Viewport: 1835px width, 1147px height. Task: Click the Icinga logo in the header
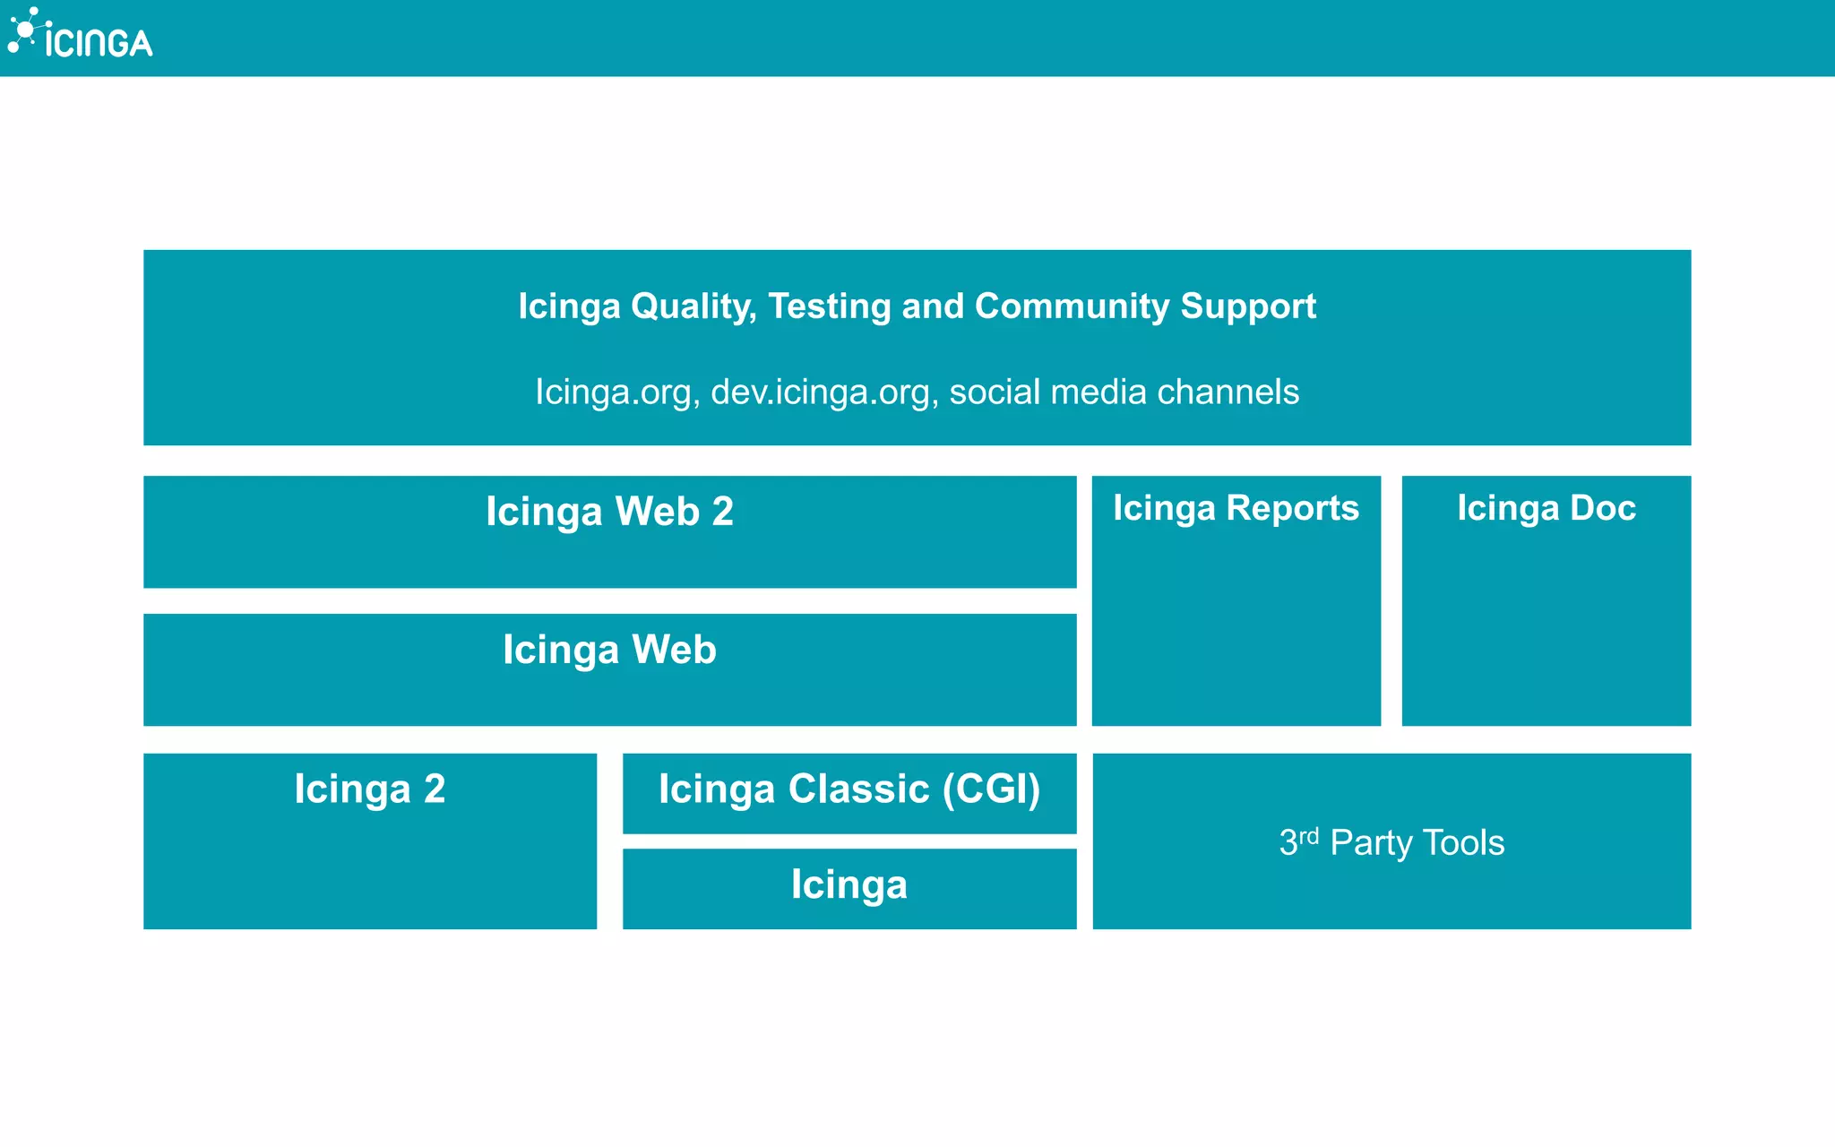tap(81, 34)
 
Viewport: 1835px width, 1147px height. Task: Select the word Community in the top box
tap(1072, 306)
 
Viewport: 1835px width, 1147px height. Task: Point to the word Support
tap(1248, 306)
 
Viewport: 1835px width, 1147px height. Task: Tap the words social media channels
tap(1124, 392)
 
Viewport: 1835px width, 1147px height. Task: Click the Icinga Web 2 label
tap(609, 512)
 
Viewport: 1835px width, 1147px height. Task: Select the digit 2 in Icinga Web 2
tap(723, 512)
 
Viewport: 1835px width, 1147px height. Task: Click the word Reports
tap(1292, 508)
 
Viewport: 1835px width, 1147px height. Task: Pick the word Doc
tap(1603, 508)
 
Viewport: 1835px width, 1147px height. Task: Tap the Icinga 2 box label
tap(369, 789)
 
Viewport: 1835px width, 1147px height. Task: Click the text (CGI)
tap(992, 789)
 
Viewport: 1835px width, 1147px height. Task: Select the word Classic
tap(858, 789)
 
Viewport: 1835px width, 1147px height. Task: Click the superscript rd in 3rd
tap(1309, 835)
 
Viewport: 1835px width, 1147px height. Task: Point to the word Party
tap(1371, 843)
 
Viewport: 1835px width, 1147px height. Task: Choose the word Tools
tap(1463, 843)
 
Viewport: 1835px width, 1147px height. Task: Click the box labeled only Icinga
tap(849, 885)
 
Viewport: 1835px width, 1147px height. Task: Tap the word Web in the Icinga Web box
tap(674, 650)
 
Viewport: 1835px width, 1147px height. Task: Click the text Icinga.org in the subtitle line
tap(617, 392)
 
